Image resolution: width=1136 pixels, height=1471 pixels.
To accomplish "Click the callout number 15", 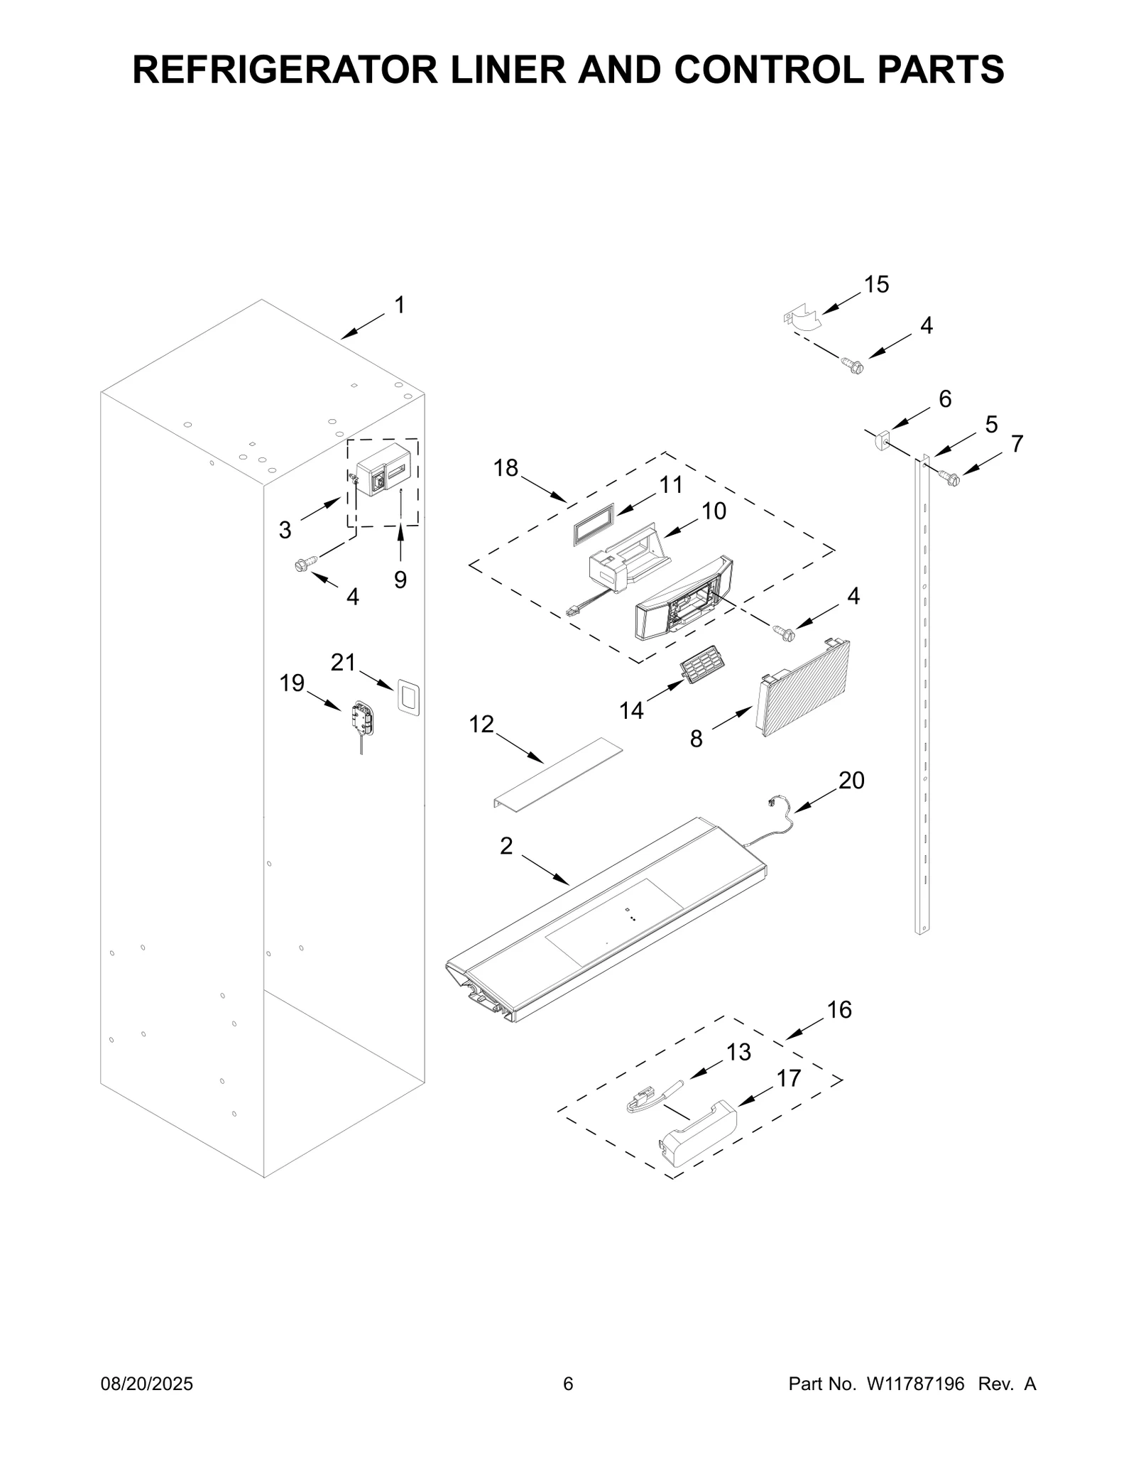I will [876, 285].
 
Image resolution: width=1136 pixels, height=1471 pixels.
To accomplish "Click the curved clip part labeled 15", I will [802, 319].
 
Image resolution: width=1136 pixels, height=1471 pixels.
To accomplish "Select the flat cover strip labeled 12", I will [558, 772].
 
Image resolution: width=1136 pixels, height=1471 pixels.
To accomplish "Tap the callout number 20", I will [851, 781].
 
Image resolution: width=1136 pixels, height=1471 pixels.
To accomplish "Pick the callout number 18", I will [506, 468].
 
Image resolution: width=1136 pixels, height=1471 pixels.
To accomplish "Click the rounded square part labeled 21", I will [408, 696].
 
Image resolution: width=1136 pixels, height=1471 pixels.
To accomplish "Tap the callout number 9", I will [400, 580].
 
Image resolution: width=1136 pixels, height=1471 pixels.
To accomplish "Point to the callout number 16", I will [839, 1009].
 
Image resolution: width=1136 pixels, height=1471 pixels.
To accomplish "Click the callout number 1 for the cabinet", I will [400, 305].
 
